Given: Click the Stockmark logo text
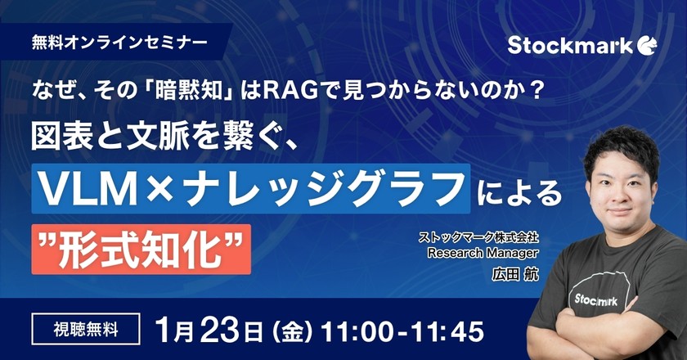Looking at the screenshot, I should [570, 45].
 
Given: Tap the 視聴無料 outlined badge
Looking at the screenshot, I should [86, 331].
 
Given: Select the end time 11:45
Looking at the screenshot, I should [445, 331].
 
